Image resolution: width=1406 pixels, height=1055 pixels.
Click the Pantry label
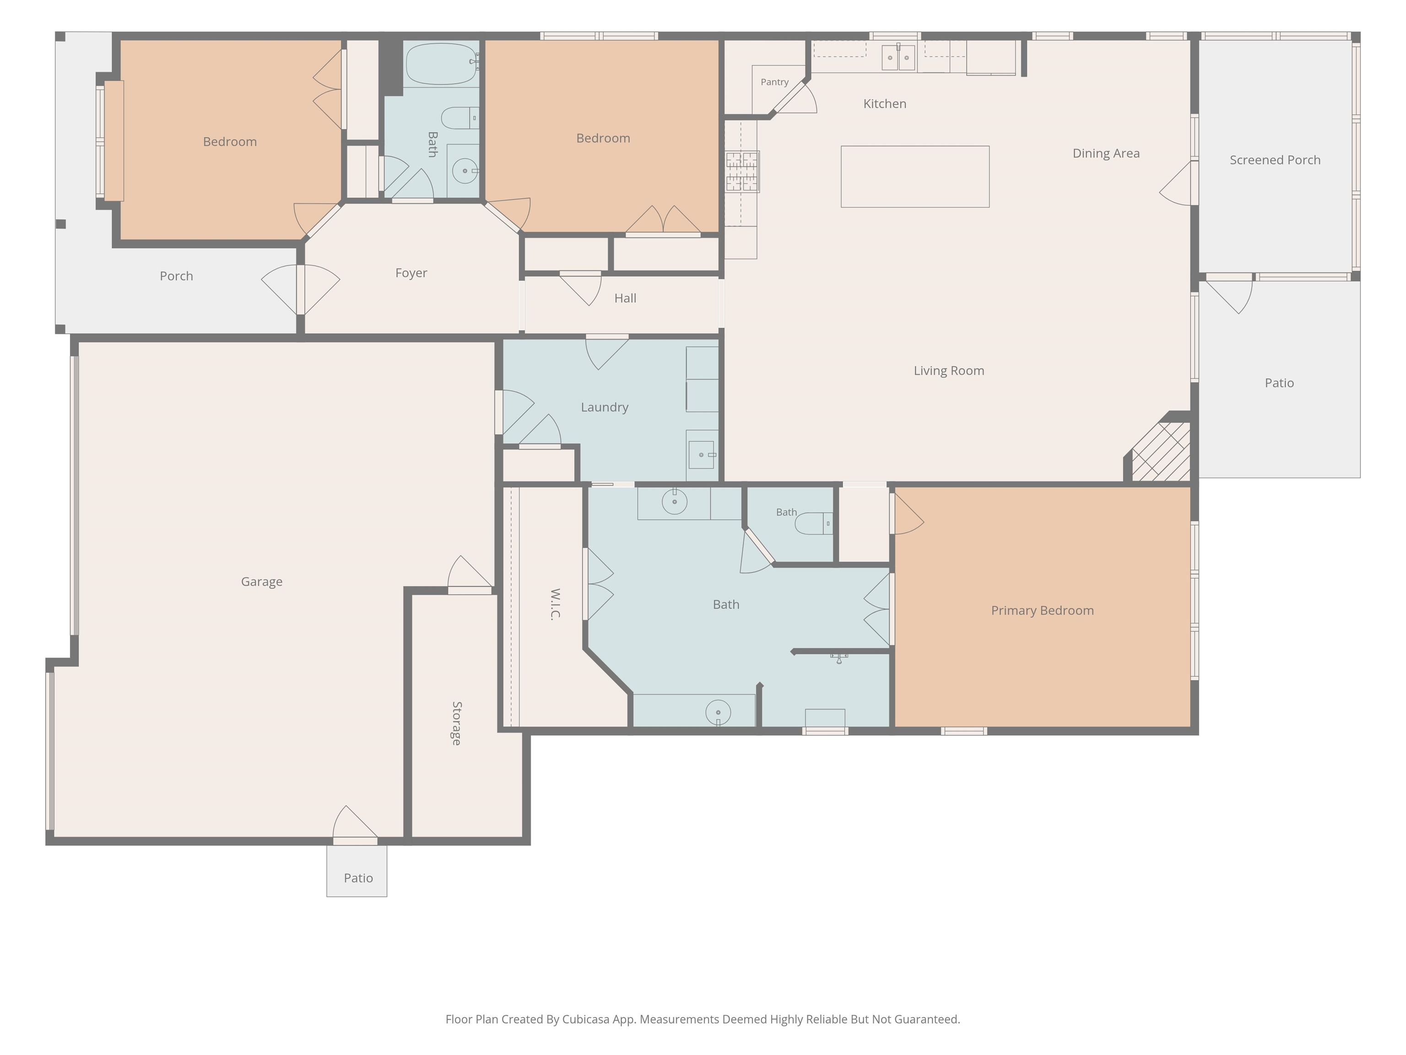point(774,82)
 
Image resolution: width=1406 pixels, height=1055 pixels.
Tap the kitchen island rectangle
point(914,177)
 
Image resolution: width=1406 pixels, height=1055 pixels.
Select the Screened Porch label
point(1275,160)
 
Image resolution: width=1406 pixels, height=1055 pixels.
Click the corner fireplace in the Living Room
point(1160,450)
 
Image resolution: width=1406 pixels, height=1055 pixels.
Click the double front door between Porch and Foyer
point(301,289)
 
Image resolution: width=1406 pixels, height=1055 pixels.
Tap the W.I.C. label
point(555,604)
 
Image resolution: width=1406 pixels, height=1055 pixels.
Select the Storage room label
point(456,723)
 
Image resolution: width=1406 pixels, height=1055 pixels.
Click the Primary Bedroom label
point(1043,610)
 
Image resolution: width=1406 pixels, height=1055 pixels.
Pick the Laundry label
point(605,407)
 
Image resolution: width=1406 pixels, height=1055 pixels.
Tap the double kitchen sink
point(898,57)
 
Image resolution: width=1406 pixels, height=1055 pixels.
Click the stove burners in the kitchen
point(742,171)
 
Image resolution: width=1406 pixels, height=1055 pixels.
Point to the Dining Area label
point(1106,153)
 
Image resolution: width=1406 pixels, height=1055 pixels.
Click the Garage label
point(261,582)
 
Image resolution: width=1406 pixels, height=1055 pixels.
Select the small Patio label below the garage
point(358,878)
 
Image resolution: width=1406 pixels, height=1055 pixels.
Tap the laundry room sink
point(702,455)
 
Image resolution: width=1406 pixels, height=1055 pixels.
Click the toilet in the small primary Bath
point(814,523)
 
